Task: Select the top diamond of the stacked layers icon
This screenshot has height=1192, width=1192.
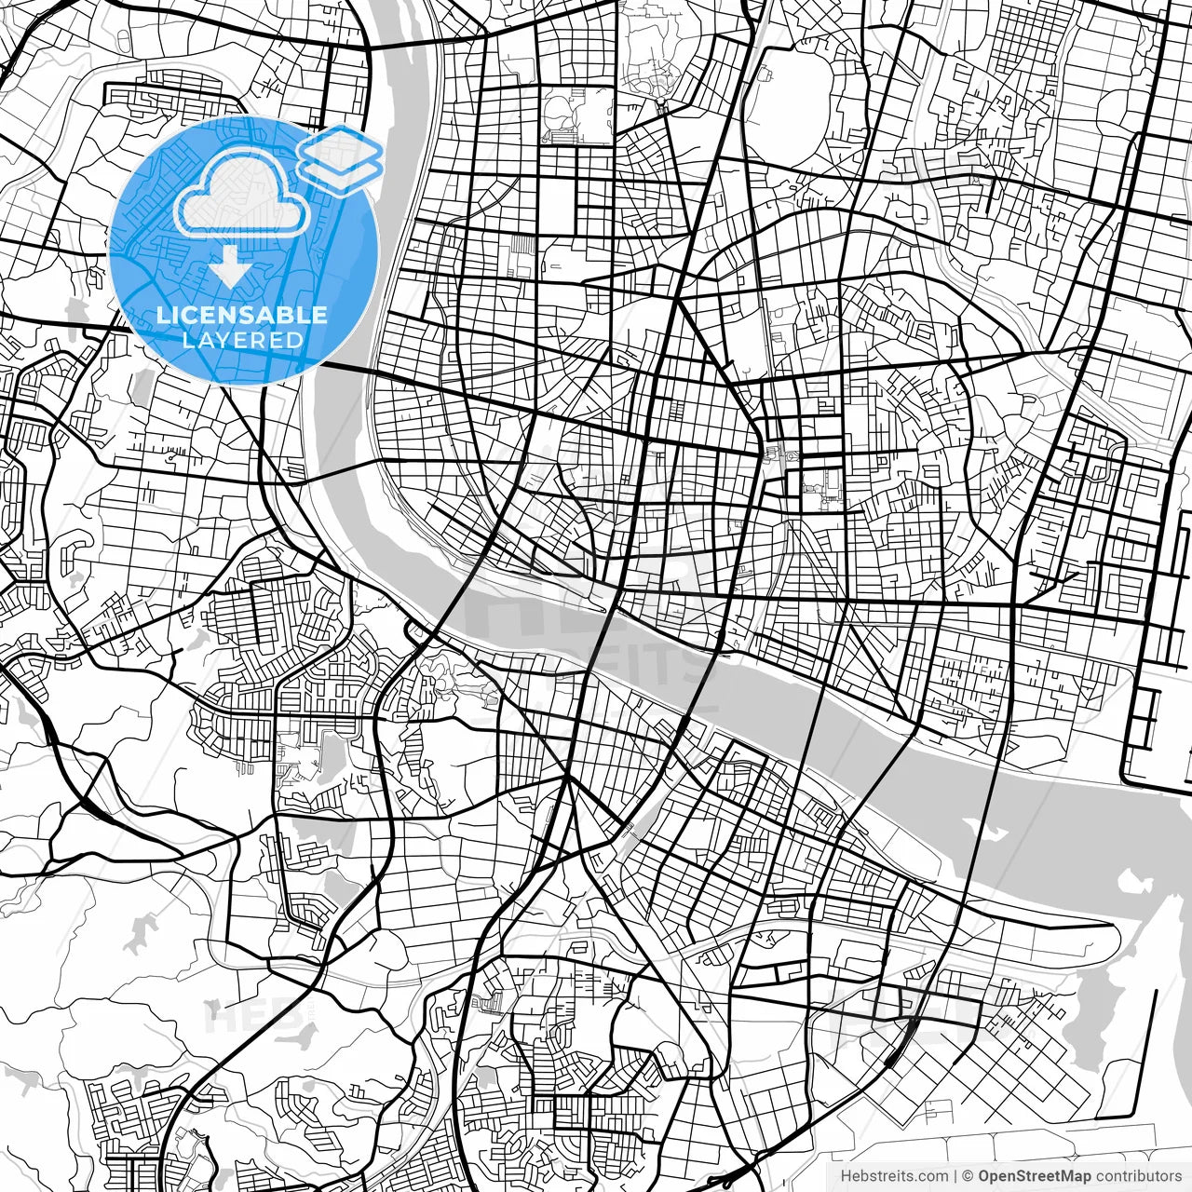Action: (340, 147)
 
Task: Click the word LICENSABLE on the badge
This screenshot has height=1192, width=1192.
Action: (242, 315)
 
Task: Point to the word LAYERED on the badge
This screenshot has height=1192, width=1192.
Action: (242, 340)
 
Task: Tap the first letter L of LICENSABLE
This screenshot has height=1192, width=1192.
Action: (161, 315)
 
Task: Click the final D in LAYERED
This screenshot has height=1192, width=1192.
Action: (297, 340)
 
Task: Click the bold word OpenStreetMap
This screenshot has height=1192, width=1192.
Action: (1035, 1177)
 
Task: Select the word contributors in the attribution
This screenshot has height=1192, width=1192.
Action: (1138, 1177)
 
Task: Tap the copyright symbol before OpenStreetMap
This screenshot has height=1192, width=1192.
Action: (968, 1177)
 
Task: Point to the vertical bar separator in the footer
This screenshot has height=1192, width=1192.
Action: (956, 1177)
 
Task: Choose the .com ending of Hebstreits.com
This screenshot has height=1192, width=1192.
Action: (934, 1177)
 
